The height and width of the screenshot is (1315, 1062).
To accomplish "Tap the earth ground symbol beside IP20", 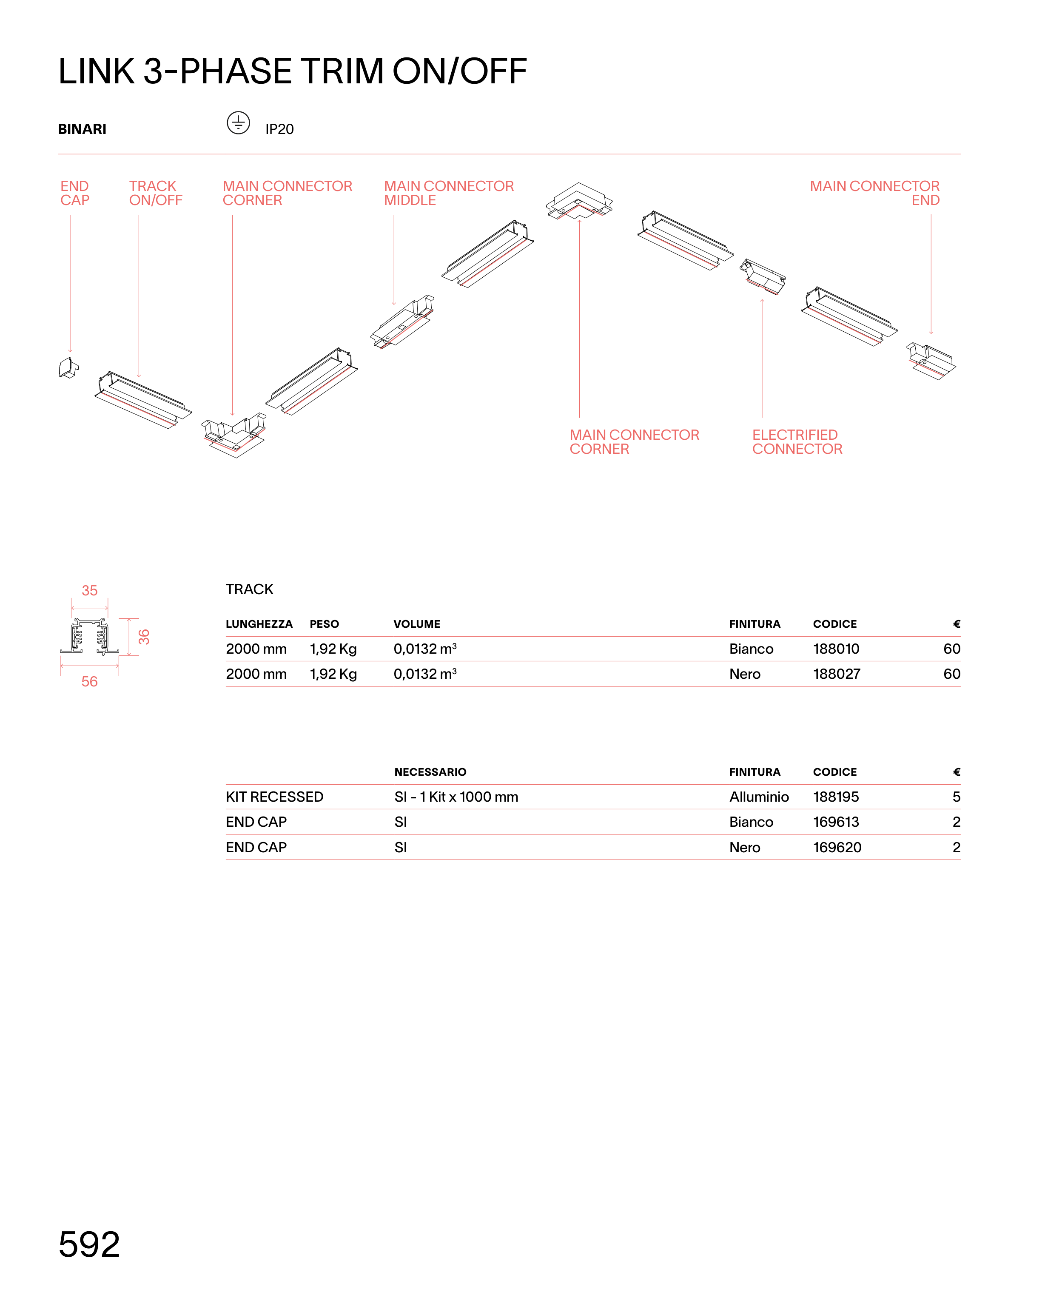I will [x=238, y=123].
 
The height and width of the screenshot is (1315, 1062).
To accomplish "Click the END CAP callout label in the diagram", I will [x=74, y=193].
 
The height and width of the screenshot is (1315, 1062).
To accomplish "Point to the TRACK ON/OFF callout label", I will [x=155, y=193].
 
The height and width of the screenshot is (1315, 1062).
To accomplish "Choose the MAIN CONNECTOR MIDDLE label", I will [x=448, y=193].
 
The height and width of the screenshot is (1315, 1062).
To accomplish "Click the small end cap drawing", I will [x=68, y=367].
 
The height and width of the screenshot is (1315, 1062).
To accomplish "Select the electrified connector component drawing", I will [x=763, y=277].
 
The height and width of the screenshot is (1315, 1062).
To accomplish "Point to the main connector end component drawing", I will [x=930, y=361].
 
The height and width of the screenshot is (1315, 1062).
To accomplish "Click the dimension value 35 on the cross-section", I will [x=90, y=591].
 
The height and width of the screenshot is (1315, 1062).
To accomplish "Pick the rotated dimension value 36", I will [x=144, y=637].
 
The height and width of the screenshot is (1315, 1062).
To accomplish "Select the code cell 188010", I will [x=836, y=649].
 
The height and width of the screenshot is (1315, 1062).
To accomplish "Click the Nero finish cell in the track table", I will [x=744, y=674].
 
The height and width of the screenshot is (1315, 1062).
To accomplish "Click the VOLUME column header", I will [x=417, y=624].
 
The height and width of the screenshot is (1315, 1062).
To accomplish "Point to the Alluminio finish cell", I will [x=759, y=797].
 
